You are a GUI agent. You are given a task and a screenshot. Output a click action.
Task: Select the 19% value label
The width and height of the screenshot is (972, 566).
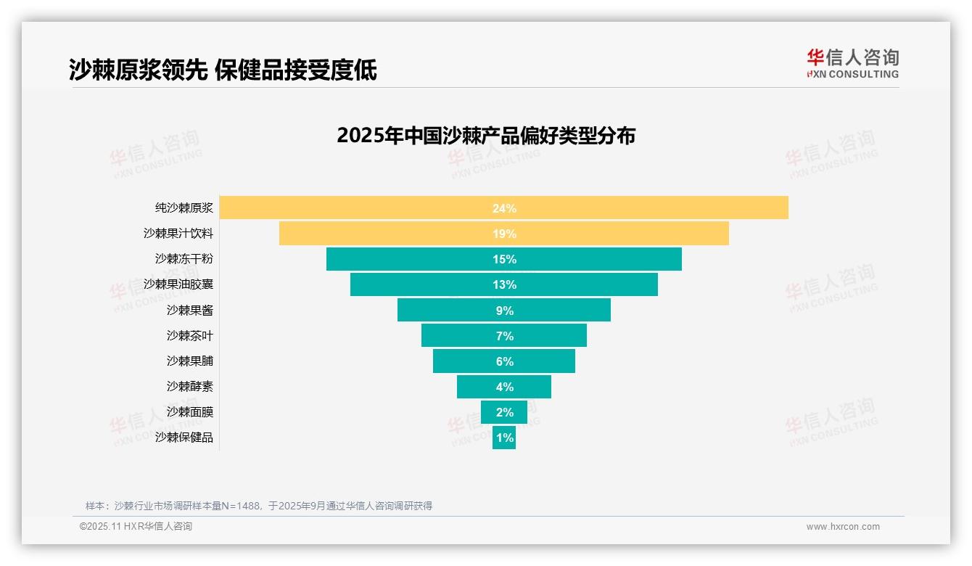tap(504, 234)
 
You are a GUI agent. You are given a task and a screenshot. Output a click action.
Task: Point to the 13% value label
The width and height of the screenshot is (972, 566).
tap(504, 284)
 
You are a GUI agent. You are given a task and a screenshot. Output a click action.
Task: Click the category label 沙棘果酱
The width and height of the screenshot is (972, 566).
tap(189, 310)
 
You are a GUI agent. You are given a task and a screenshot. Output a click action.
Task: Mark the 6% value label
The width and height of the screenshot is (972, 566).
tap(504, 361)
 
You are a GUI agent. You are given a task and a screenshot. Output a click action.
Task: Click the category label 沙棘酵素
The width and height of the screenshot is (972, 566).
tap(189, 386)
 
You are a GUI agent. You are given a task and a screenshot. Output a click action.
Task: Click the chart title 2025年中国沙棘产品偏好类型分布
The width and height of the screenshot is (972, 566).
tap(486, 136)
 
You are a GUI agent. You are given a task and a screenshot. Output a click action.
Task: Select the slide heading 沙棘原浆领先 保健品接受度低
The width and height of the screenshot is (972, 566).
tap(223, 70)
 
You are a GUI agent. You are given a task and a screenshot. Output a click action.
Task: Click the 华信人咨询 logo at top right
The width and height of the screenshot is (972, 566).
tap(852, 63)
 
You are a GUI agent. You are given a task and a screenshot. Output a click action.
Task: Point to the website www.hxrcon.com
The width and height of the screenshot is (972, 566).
tap(843, 527)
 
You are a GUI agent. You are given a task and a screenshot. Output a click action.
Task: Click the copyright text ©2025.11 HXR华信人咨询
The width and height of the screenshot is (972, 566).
tap(136, 527)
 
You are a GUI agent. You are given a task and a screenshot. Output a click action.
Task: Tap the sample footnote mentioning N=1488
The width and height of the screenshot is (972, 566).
tap(259, 506)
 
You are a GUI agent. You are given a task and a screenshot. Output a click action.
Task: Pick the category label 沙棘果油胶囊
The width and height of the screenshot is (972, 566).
tap(178, 284)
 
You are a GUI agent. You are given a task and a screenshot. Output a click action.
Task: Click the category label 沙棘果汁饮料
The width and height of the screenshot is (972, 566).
tap(178, 234)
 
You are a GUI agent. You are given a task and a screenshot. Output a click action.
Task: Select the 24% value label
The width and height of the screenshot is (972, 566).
tap(504, 208)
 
